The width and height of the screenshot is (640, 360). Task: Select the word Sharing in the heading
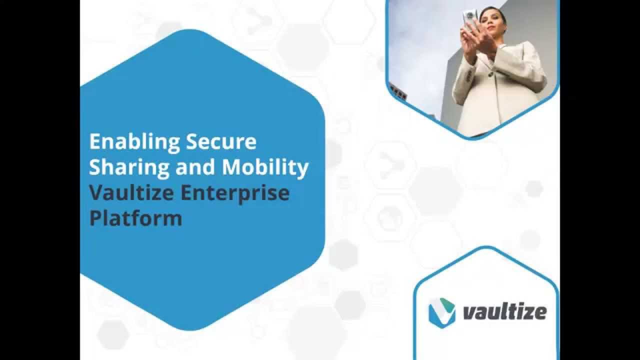[x=129, y=168]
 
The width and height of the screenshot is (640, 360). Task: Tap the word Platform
[x=135, y=218]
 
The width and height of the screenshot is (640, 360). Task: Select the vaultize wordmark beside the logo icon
[x=504, y=312]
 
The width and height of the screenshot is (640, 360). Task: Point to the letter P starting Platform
[x=95, y=218]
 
